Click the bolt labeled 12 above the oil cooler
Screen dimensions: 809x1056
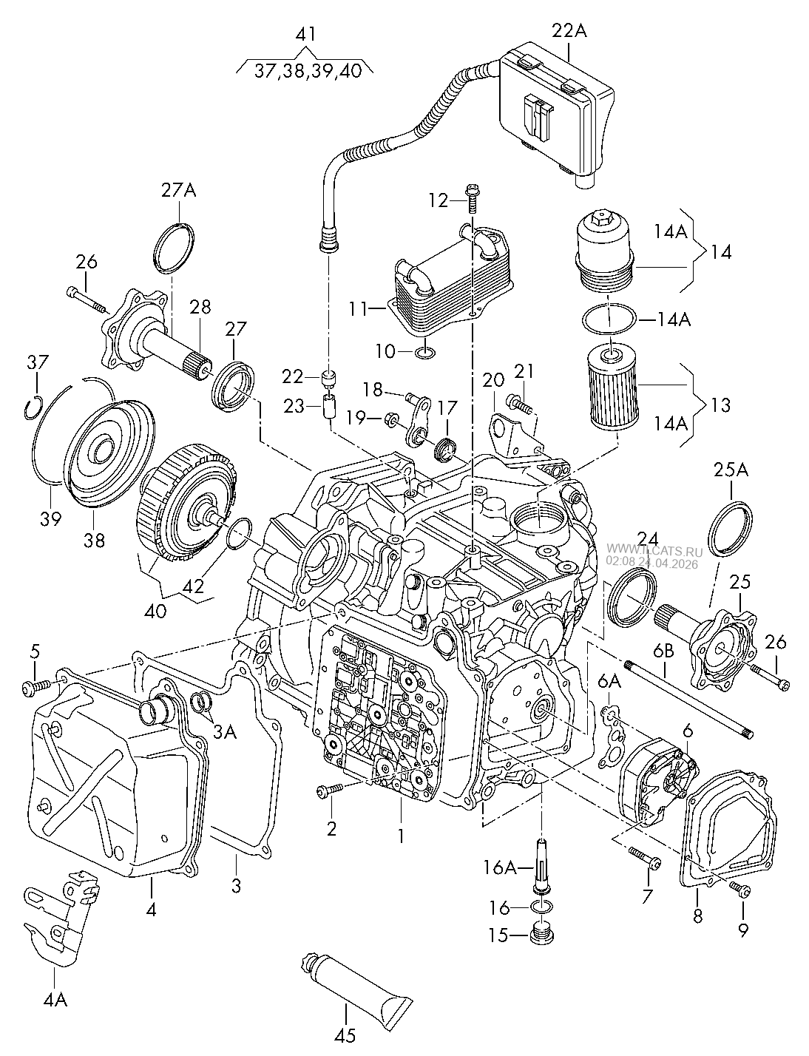coord(471,198)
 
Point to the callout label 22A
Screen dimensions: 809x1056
coord(569,31)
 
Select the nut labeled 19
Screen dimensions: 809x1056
coord(389,417)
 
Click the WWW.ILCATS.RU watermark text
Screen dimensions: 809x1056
coord(654,551)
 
